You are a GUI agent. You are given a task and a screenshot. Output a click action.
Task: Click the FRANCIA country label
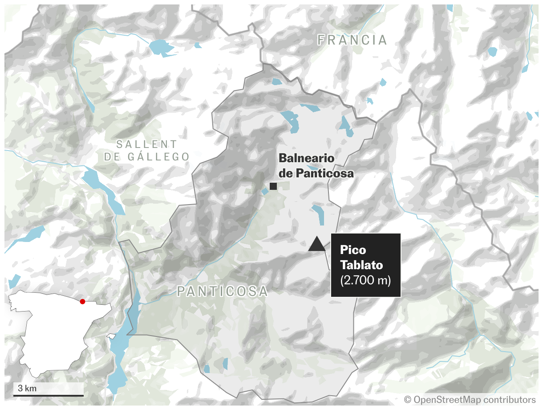[x=352, y=40]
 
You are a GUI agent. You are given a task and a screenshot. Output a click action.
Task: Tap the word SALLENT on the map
[x=146, y=144]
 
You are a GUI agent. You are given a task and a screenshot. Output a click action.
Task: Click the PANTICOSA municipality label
[x=223, y=291]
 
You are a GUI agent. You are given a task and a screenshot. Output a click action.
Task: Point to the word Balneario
[x=306, y=159]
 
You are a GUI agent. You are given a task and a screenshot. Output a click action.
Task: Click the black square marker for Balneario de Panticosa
[x=273, y=186]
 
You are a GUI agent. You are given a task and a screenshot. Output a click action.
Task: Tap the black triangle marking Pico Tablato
[x=316, y=244]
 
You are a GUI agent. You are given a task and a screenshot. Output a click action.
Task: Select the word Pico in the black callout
[x=353, y=250]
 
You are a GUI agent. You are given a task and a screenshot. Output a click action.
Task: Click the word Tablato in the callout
[x=361, y=265]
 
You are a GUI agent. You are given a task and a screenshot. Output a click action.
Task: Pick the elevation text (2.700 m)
[x=365, y=281]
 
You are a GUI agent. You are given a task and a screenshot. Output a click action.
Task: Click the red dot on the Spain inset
[x=82, y=302]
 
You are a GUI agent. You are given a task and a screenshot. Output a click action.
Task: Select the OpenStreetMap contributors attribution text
[x=474, y=400]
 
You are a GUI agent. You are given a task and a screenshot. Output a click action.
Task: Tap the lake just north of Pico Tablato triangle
[x=319, y=214]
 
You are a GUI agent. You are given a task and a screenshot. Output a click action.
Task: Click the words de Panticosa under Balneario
[x=316, y=173]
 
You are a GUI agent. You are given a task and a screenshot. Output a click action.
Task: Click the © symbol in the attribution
[x=408, y=400]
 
